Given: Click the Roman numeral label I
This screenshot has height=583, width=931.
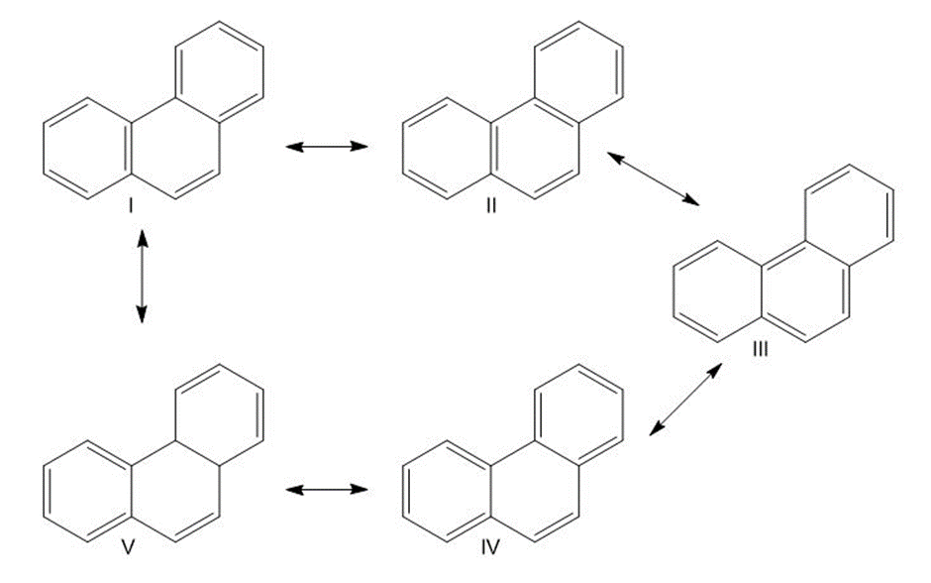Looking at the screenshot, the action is [x=130, y=206].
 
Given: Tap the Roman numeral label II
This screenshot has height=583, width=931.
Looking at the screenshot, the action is [x=491, y=206].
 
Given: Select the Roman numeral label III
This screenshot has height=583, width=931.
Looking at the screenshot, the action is [x=760, y=349].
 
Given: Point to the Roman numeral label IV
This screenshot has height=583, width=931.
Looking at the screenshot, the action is [x=490, y=547].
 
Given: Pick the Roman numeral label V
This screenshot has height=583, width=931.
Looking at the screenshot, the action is [x=128, y=547].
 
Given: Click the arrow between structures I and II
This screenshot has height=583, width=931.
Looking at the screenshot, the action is [x=327, y=146].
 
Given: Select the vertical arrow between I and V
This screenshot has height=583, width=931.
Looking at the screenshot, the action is [x=142, y=277].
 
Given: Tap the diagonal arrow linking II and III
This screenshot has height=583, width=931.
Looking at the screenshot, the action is [x=653, y=178].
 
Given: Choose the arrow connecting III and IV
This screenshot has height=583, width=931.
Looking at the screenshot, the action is [x=685, y=400].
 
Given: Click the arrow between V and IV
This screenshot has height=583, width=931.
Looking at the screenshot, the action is [x=327, y=489].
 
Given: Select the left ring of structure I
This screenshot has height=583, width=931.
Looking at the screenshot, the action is [x=44, y=149].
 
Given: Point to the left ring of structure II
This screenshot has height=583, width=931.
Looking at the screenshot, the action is [x=403, y=149].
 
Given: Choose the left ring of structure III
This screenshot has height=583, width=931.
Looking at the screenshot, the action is [x=673, y=291].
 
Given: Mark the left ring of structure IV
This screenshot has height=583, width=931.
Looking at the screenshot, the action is [x=403, y=491].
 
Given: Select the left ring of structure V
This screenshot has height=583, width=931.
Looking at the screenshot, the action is [x=44, y=491].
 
